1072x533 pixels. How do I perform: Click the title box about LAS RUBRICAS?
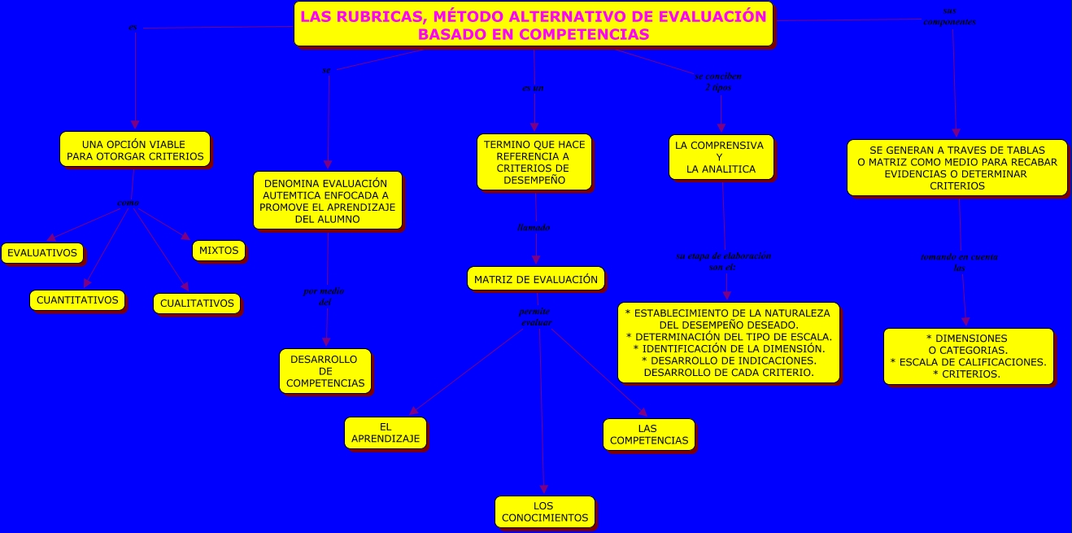(x=533, y=24)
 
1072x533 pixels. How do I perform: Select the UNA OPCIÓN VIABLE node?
(x=134, y=150)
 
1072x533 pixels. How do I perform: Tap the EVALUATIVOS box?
(x=42, y=253)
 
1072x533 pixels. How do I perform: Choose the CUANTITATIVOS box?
(x=77, y=299)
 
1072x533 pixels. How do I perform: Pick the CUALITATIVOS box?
(x=197, y=304)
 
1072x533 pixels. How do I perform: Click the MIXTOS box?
(x=219, y=251)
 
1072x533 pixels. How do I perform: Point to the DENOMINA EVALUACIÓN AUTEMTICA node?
(x=327, y=201)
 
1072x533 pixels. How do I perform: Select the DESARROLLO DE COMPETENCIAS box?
(x=325, y=371)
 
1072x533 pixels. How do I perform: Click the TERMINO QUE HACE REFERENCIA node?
(x=534, y=162)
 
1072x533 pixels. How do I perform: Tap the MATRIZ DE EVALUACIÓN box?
(x=536, y=279)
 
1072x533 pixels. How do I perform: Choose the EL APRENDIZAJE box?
(x=386, y=433)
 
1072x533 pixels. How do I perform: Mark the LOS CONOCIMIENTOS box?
(x=545, y=512)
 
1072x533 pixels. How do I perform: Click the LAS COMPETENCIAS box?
(x=648, y=435)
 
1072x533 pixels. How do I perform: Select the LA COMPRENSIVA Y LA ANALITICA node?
(x=720, y=157)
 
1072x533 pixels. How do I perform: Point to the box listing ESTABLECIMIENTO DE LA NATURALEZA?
(x=728, y=343)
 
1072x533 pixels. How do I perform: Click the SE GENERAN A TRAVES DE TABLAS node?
(x=957, y=168)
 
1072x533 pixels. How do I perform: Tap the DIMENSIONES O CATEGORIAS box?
(x=968, y=356)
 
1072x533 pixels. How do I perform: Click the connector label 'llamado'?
(x=534, y=228)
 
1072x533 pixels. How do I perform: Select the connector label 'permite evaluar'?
(x=535, y=317)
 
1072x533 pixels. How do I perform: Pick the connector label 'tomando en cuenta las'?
(x=959, y=262)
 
